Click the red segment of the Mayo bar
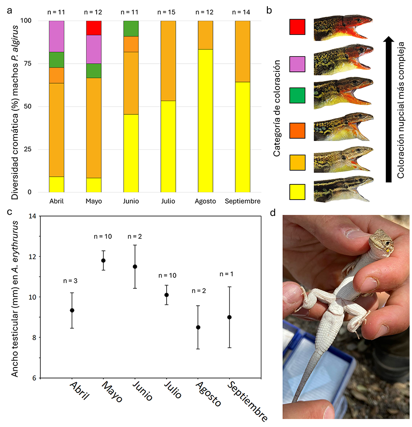click(x=93, y=28)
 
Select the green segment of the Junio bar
click(x=131, y=28)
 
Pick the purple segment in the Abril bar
click(x=56, y=36)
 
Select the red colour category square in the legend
click(x=298, y=27)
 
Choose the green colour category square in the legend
click(x=298, y=95)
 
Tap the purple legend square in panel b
click(x=298, y=61)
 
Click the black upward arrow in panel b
click(x=388, y=110)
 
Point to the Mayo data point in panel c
click(x=103, y=260)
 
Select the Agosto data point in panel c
click(x=198, y=327)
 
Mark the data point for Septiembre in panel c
click(x=229, y=317)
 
